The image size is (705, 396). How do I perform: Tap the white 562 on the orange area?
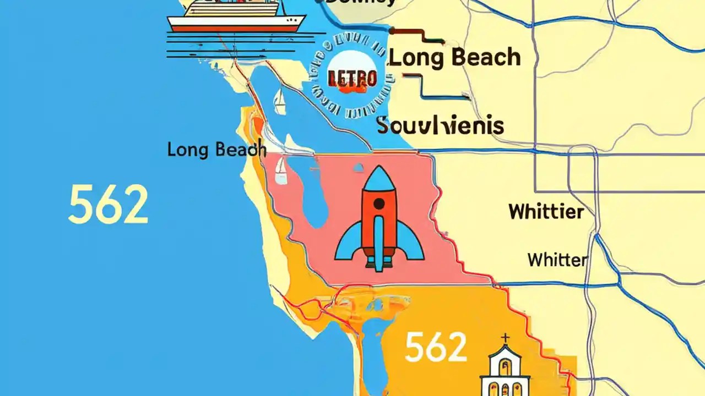pos(435,348)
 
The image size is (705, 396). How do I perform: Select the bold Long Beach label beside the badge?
pos(455,58)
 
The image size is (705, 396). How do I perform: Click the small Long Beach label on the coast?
pos(216,149)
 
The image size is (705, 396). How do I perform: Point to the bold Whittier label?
pos(546,211)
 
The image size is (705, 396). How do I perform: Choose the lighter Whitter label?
pos(557,260)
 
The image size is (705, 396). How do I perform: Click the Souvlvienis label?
pos(441,125)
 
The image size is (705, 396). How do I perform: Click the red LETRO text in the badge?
pos(352,79)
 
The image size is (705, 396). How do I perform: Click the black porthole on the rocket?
pos(379,204)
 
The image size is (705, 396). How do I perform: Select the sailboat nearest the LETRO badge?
pos(280,102)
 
